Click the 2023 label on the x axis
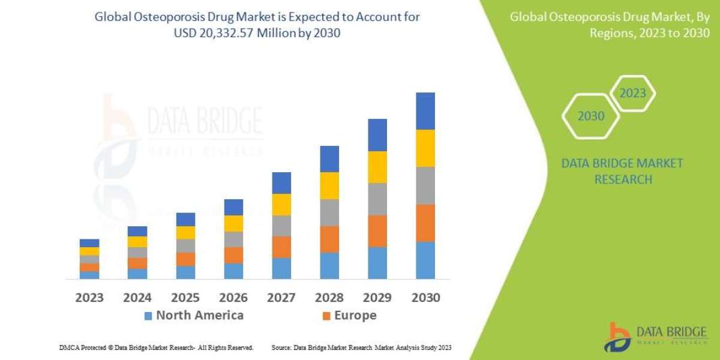click(89, 298)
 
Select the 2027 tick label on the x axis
click(281, 298)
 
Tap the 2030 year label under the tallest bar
click(425, 298)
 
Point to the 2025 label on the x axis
click(185, 298)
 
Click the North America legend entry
click(193, 316)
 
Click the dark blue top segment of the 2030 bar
click(425, 111)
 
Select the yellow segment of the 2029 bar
click(377, 167)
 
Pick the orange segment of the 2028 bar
click(329, 239)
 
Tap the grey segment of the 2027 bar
click(281, 226)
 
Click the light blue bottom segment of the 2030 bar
click(425, 260)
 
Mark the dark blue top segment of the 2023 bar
click(89, 243)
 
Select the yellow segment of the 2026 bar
click(233, 223)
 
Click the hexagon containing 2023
click(632, 94)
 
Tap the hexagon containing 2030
click(590, 116)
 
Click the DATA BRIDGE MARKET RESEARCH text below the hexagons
click(622, 171)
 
